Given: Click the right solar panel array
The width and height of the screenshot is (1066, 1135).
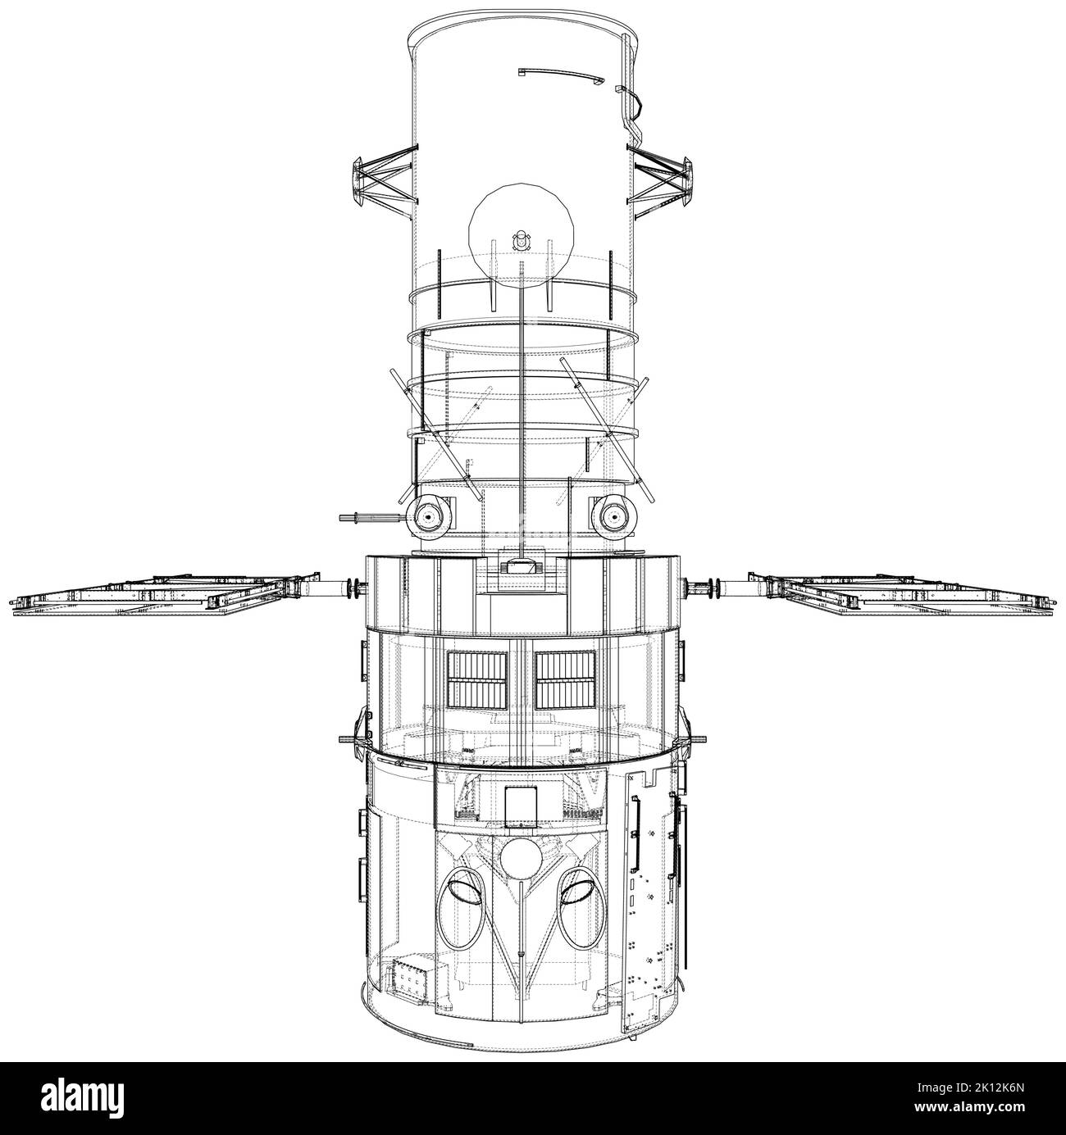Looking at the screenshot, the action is (904, 595).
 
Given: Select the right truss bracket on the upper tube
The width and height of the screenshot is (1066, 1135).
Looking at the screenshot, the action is (661, 183).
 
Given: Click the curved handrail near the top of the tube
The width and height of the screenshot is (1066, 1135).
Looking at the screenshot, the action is (561, 75).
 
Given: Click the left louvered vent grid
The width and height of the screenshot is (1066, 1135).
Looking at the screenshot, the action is (477, 680).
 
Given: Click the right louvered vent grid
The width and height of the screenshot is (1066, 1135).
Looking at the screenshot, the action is (565, 680).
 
